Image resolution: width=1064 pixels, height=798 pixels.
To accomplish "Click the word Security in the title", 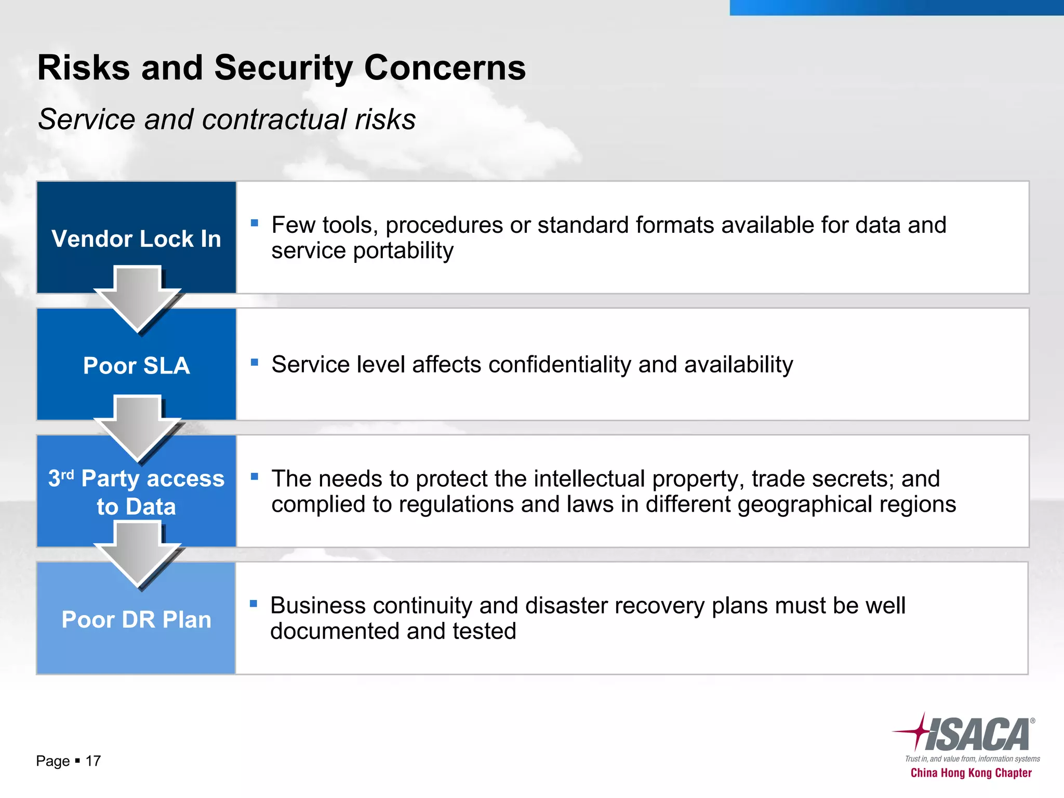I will tap(283, 68).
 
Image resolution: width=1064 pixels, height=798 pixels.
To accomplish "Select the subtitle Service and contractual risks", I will tap(227, 119).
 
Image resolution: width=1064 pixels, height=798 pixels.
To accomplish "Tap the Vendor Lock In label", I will tap(136, 239).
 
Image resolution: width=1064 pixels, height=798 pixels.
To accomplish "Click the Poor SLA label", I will tap(136, 366).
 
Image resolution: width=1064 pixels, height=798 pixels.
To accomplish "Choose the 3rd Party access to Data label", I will tap(136, 492).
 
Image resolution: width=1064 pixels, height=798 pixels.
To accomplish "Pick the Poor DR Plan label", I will tap(136, 620).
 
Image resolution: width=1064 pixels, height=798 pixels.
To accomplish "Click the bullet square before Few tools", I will tap(254, 223).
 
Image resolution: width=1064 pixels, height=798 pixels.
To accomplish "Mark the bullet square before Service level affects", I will tap(254, 362).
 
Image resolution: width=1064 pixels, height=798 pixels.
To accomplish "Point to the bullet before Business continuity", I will tap(254, 604).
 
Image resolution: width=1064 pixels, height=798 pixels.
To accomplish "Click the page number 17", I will tap(93, 761).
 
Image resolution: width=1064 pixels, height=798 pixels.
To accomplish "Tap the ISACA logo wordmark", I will tap(977, 735).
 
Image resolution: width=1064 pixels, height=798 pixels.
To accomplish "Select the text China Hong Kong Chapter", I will tap(970, 773).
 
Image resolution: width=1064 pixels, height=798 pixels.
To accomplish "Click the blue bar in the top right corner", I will tap(896, 7).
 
